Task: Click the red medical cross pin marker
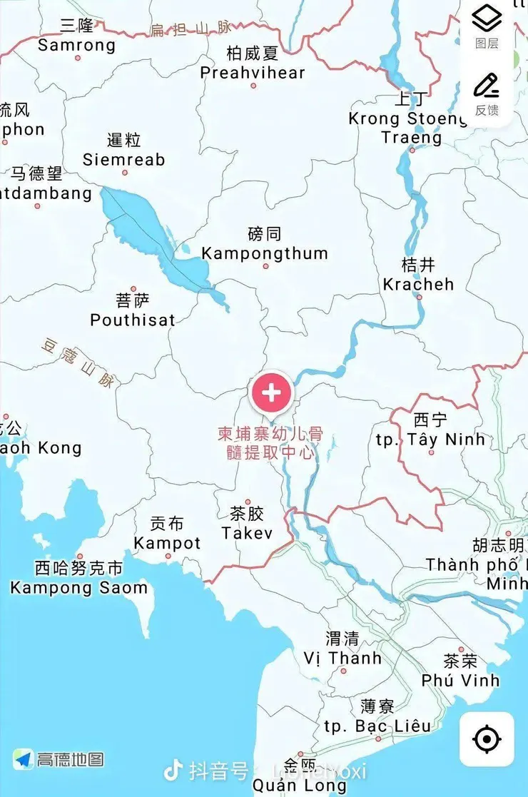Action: pos(271,392)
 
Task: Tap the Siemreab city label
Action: pos(123,159)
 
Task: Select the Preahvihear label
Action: pos(253,72)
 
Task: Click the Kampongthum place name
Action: pos(265,253)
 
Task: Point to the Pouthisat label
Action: pos(133,320)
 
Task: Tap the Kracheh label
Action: pos(418,284)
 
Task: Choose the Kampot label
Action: pos(168,543)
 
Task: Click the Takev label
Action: pos(247,532)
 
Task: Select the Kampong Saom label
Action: pos(78,588)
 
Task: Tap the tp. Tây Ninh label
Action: pos(430,439)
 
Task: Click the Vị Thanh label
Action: pos(342,657)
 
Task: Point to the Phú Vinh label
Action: pos(460,680)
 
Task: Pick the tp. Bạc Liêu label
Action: pos(377,726)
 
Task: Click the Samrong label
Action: pos(76,45)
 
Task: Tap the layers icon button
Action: pos(487,19)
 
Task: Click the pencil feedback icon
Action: pos(487,86)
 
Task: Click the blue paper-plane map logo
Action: pos(24,759)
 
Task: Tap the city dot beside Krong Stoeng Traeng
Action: pos(412,150)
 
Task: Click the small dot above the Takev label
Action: pos(248,502)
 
